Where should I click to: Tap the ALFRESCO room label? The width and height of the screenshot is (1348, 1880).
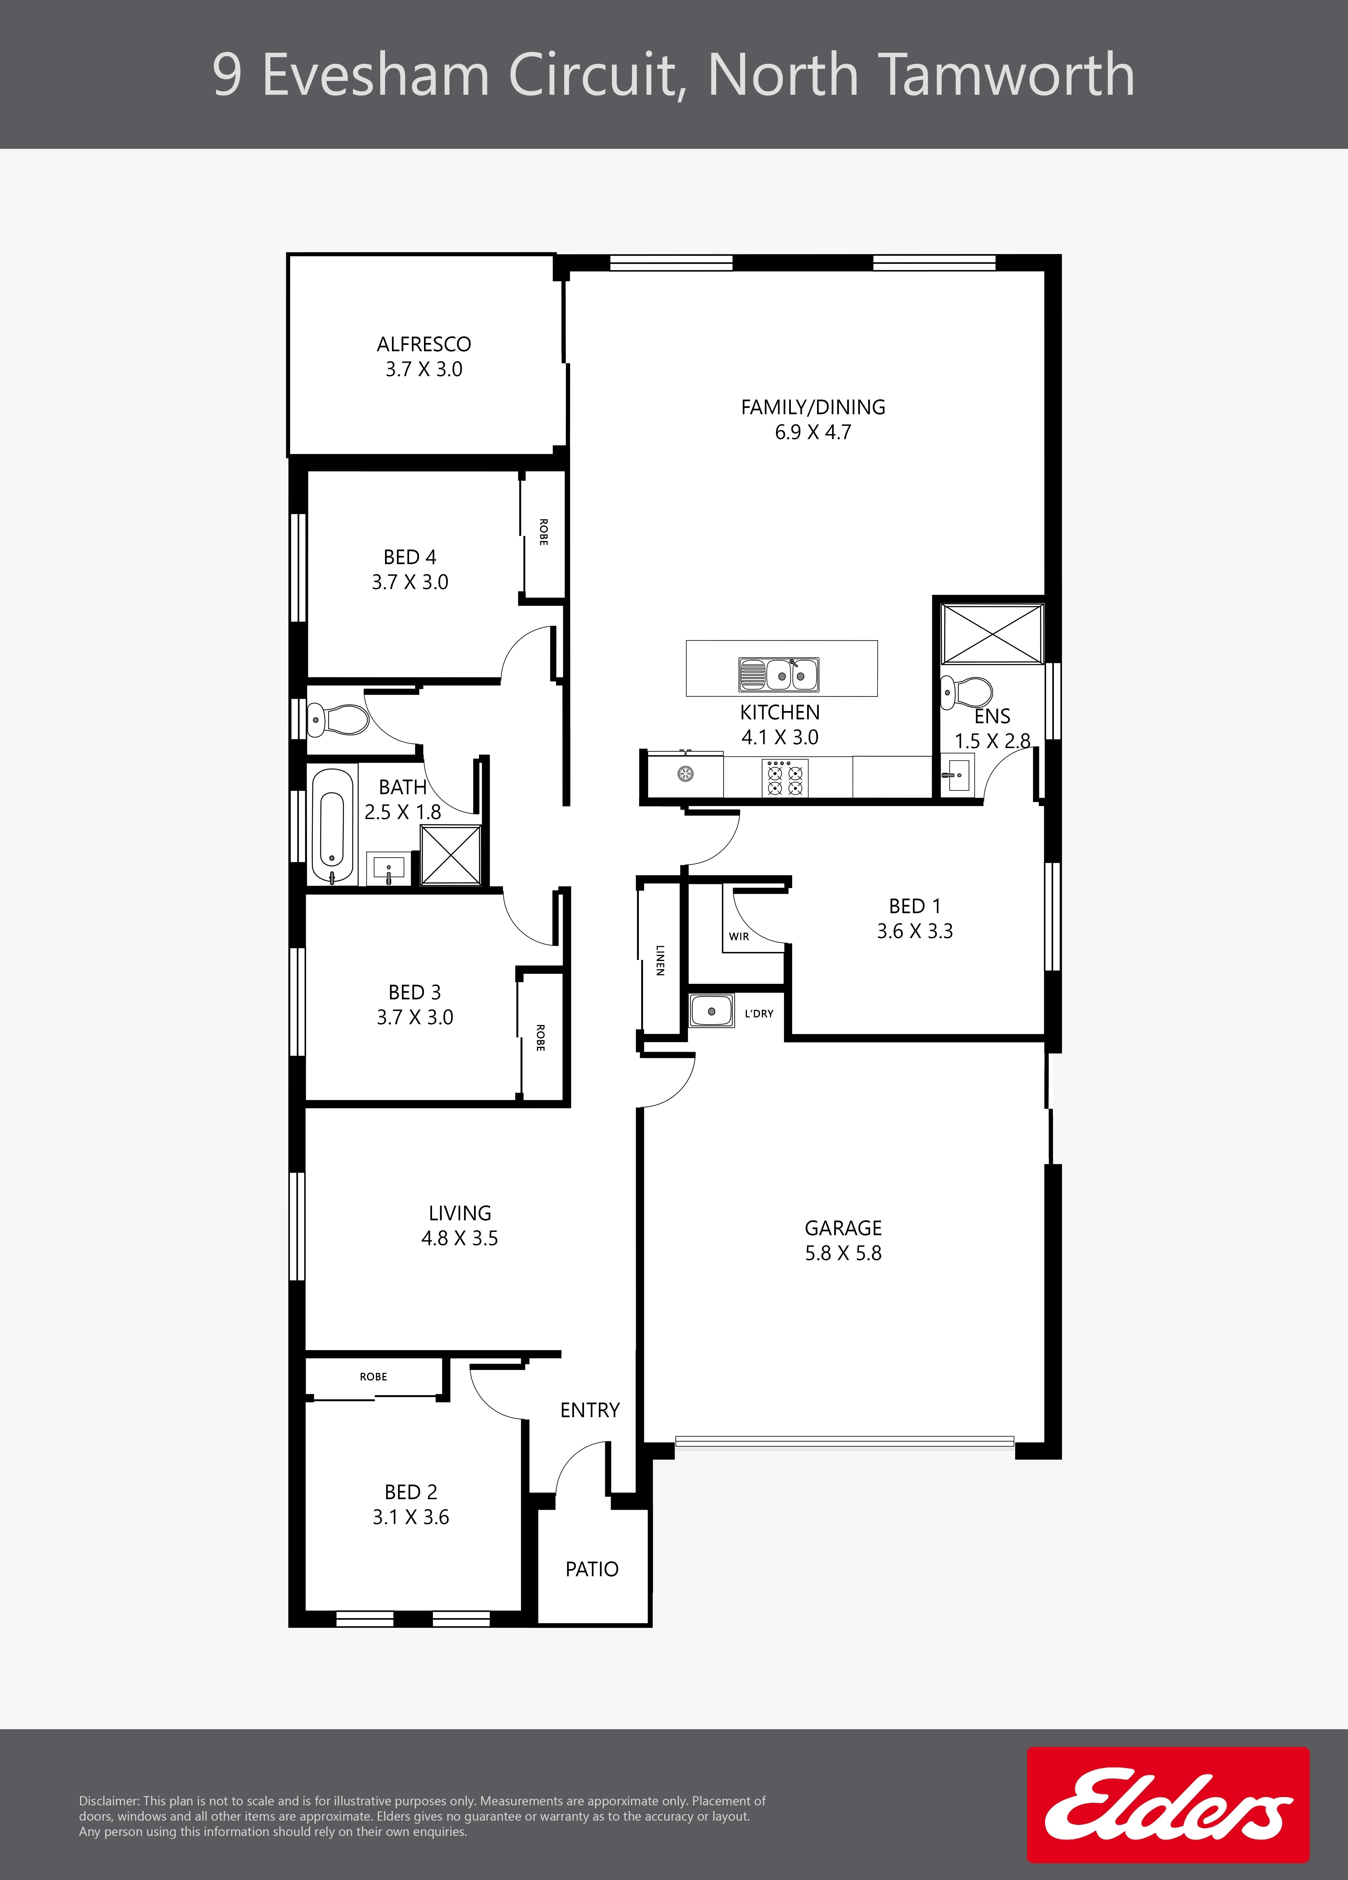pyautogui.click(x=424, y=344)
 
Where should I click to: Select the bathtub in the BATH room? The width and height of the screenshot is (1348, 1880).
pyautogui.click(x=331, y=825)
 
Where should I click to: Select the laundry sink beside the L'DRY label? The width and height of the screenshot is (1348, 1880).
pyautogui.click(x=711, y=1011)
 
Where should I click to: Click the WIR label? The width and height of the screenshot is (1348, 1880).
pyautogui.click(x=739, y=937)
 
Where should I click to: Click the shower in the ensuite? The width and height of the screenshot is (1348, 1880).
pyautogui.click(x=992, y=633)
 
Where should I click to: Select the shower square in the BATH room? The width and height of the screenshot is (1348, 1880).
pyautogui.click(x=451, y=855)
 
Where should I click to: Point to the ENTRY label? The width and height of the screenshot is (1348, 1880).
pyautogui.click(x=589, y=1410)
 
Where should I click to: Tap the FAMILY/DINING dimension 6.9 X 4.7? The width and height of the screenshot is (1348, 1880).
pyautogui.click(x=812, y=432)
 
